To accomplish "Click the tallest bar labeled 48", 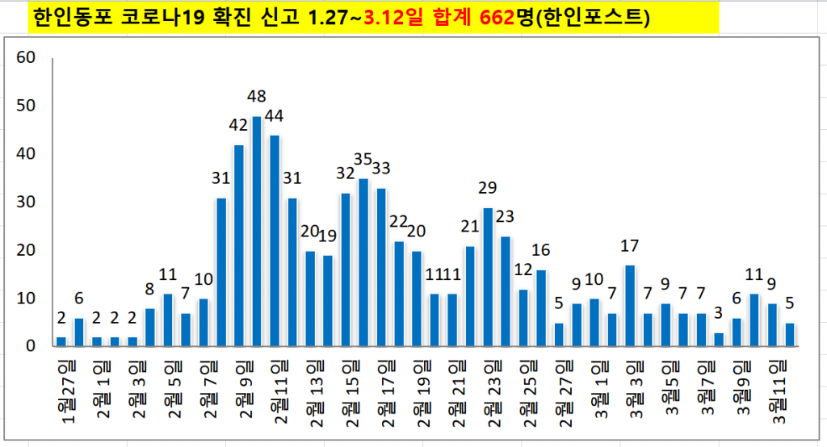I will click(257, 232).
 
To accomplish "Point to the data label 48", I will click(257, 97).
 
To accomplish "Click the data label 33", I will click(380, 169).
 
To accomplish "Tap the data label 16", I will click(541, 249).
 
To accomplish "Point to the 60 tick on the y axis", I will click(26, 57).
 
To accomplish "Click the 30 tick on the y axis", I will click(26, 203).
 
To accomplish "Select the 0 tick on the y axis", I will click(30, 347).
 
